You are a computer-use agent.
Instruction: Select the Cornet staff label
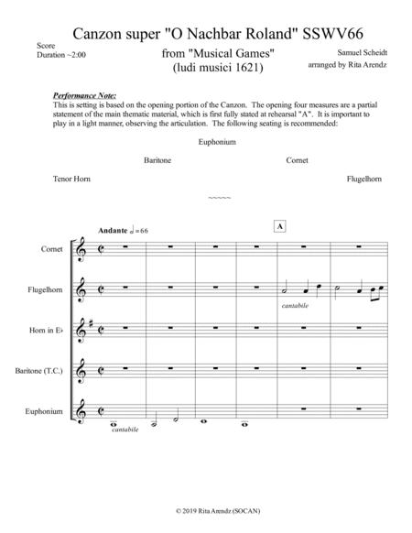click(52, 248)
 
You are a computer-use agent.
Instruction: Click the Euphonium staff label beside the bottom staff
click(47, 411)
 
